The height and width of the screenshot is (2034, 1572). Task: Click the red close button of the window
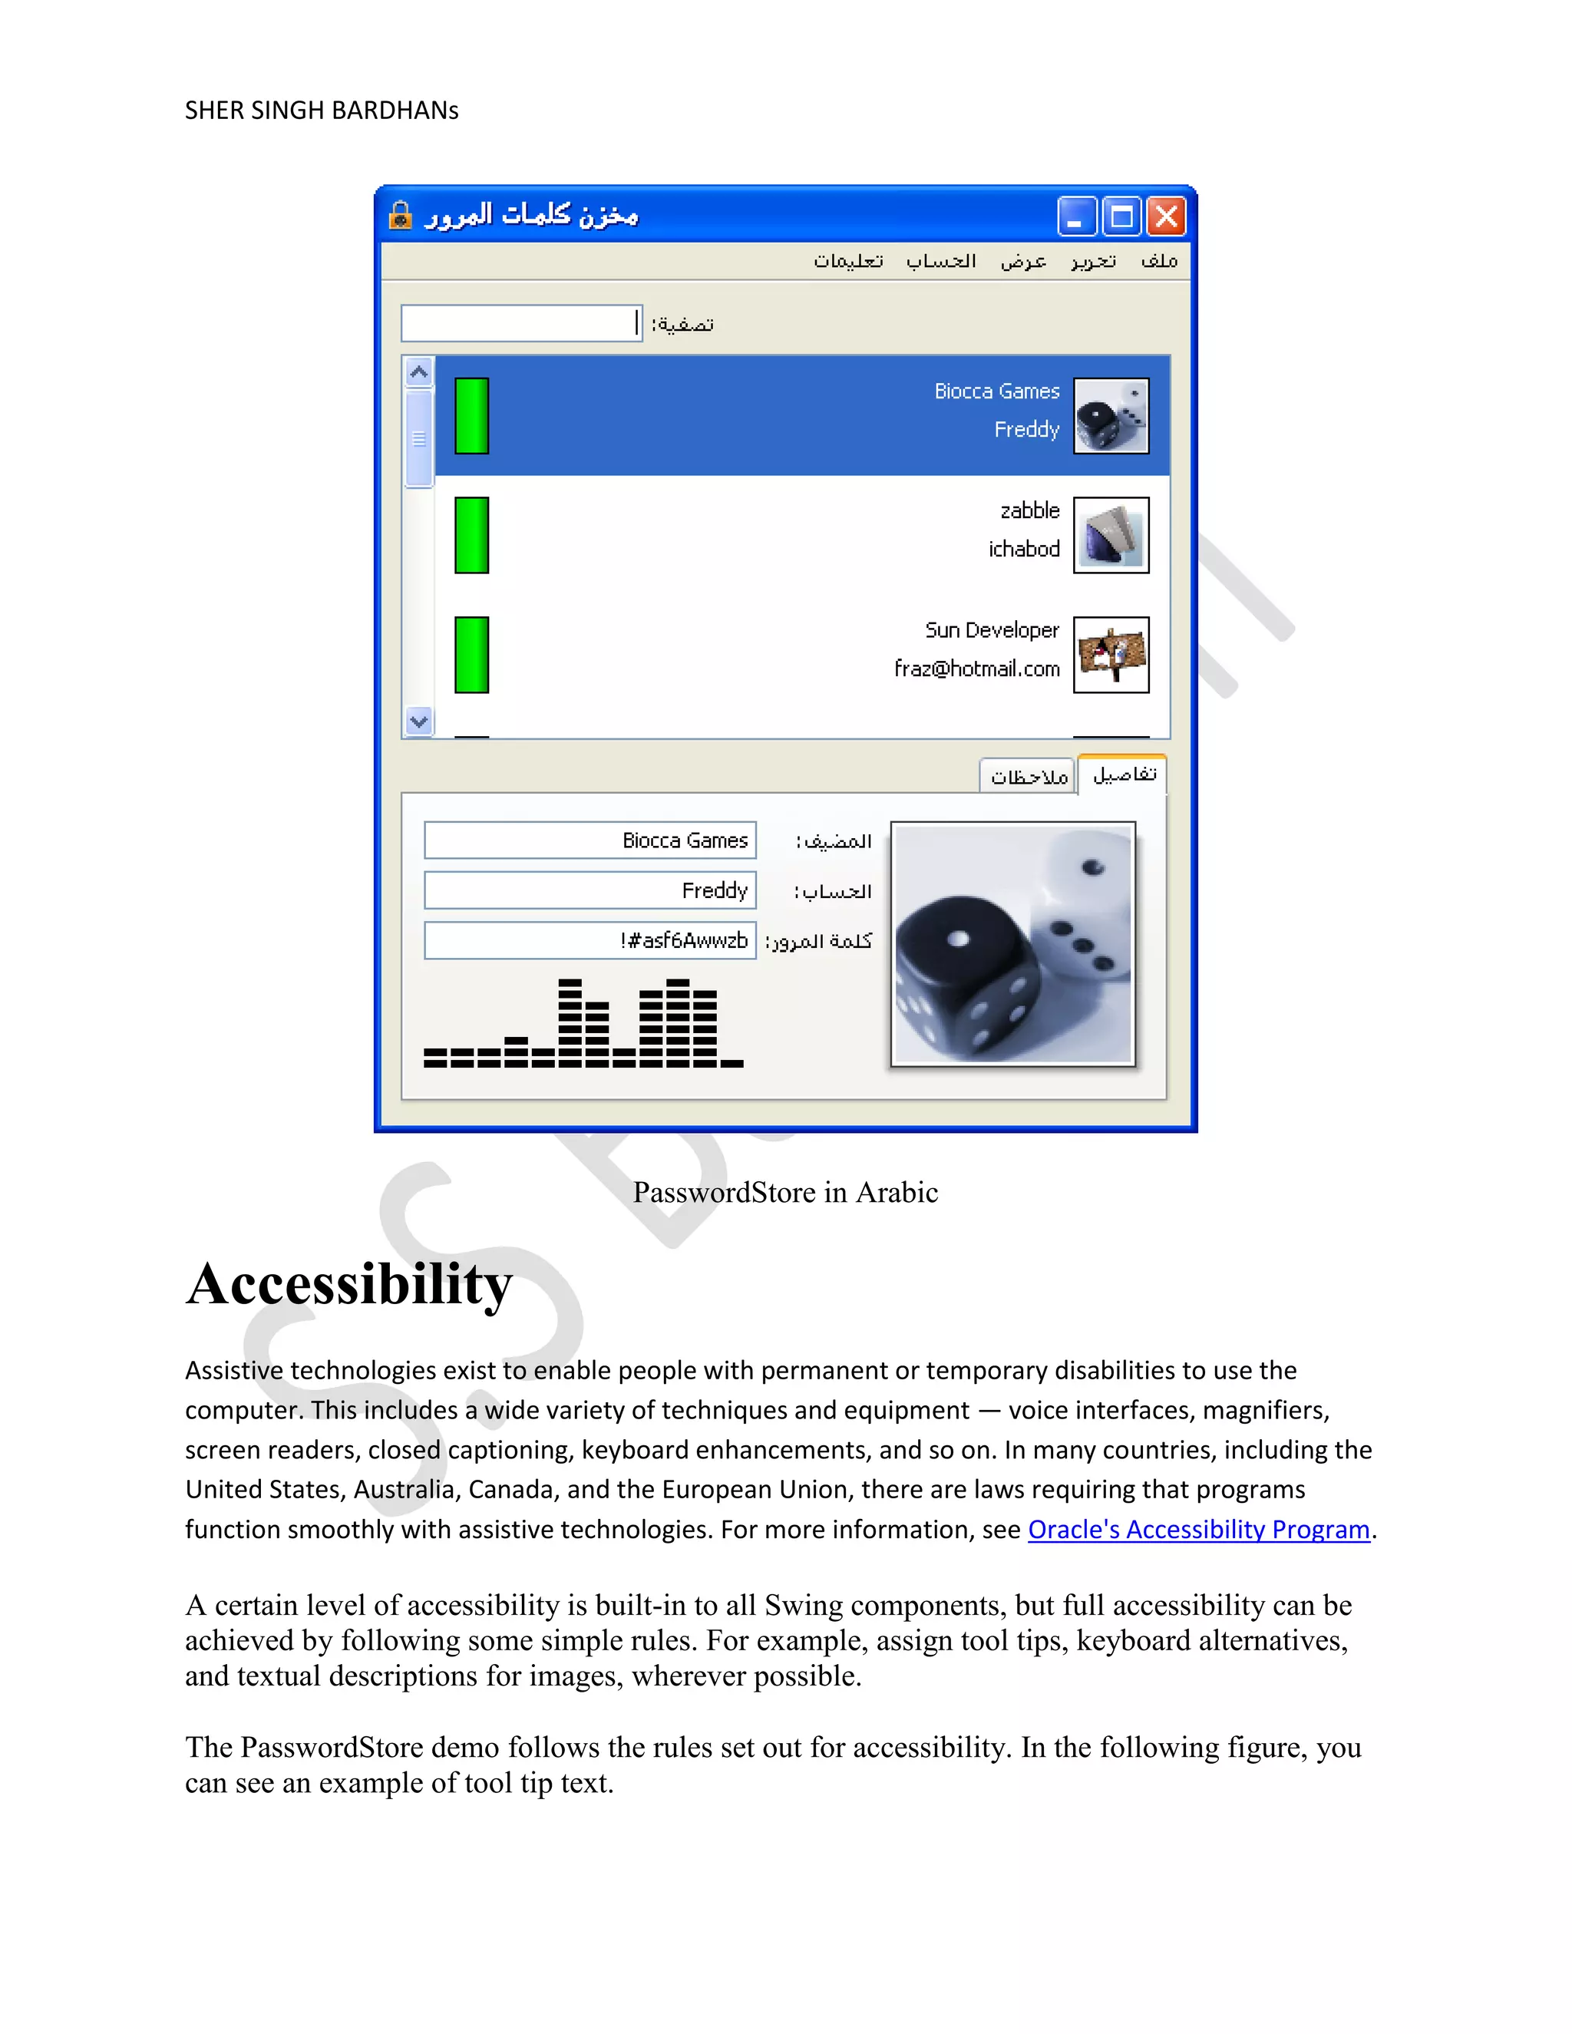tap(1166, 217)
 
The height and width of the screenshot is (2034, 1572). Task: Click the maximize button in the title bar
tap(1121, 217)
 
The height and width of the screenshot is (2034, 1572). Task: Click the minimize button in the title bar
tap(1077, 217)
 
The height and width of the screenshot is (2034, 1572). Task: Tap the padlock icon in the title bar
tap(401, 215)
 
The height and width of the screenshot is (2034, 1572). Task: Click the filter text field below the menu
tap(521, 323)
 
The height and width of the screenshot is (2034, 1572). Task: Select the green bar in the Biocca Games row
tap(471, 415)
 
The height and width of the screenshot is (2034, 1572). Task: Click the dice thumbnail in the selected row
tap(1111, 415)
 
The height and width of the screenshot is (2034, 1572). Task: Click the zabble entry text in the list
tap(1029, 510)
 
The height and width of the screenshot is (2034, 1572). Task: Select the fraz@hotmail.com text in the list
tap(976, 669)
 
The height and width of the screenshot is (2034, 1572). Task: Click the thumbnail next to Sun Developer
tap(1111, 655)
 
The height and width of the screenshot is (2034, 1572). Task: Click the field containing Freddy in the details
tap(589, 890)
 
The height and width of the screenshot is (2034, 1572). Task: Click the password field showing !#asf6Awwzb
tap(589, 941)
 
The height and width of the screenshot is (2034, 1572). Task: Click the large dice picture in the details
tap(1013, 943)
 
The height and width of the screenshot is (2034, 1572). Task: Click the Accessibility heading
tap(349, 1285)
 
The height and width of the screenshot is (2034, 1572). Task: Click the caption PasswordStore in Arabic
tap(785, 1192)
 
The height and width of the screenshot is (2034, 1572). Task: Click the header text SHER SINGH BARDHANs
tap(322, 111)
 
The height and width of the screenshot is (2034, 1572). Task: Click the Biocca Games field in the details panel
tap(589, 840)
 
